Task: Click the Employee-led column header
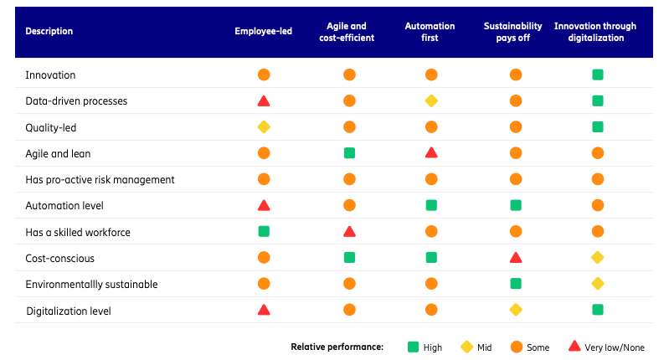click(x=263, y=32)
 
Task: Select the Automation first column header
click(x=430, y=32)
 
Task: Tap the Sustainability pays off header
click(x=513, y=32)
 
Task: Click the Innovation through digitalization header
click(x=595, y=32)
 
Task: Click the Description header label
click(x=49, y=32)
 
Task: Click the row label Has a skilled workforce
click(x=78, y=232)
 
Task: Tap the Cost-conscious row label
click(x=60, y=258)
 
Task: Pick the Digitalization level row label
click(x=68, y=311)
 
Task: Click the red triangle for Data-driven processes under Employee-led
click(x=264, y=101)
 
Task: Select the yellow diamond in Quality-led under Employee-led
click(x=264, y=127)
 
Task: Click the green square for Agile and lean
click(x=349, y=153)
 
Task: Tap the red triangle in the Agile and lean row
click(x=431, y=153)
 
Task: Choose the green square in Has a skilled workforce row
click(x=264, y=232)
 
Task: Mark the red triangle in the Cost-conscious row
click(x=516, y=258)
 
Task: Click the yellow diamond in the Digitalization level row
click(x=516, y=311)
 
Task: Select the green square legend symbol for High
click(x=413, y=347)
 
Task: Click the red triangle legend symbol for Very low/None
click(x=575, y=347)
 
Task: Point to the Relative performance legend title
click(x=337, y=347)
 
